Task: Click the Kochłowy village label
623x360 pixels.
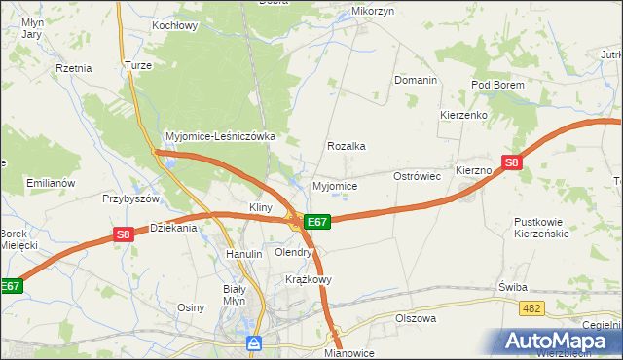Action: [x=175, y=25]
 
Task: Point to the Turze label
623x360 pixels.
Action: [x=136, y=64]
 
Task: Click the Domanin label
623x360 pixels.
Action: [x=415, y=80]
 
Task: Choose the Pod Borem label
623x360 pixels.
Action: [x=497, y=85]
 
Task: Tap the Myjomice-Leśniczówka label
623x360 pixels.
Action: [x=221, y=137]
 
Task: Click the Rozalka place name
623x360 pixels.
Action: [x=346, y=146]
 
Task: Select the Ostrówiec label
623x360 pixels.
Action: [x=418, y=176]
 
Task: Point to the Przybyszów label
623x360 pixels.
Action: [x=130, y=198]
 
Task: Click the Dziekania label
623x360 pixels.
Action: [x=173, y=228]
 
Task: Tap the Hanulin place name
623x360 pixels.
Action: [x=244, y=254]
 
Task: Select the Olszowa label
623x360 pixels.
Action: [x=416, y=318]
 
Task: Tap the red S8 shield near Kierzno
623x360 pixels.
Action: [x=512, y=162]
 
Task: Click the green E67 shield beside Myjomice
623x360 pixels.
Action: [x=317, y=222]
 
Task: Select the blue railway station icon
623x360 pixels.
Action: [x=254, y=342]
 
